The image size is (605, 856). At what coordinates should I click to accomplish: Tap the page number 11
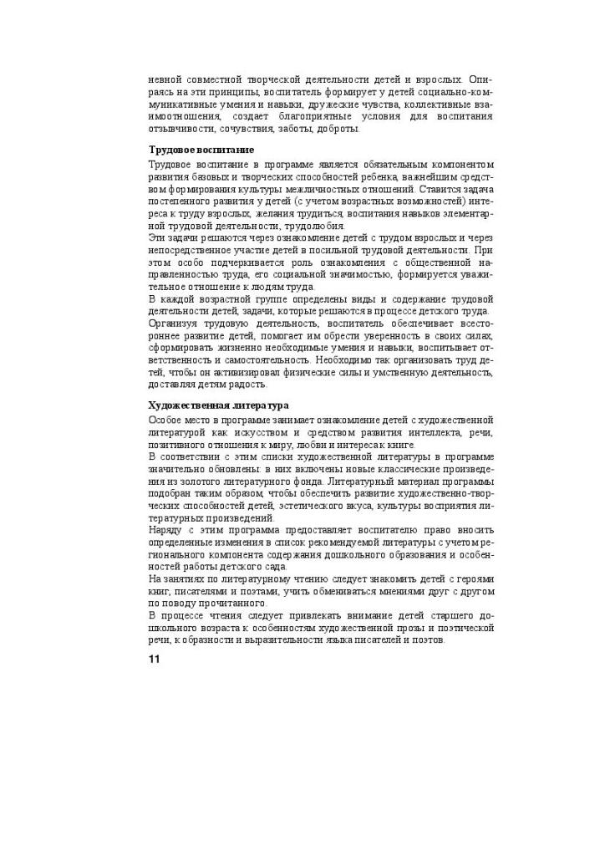pos(154,659)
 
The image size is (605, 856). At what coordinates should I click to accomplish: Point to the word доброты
pos(342,129)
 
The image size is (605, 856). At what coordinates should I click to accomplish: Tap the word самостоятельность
pos(252,359)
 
